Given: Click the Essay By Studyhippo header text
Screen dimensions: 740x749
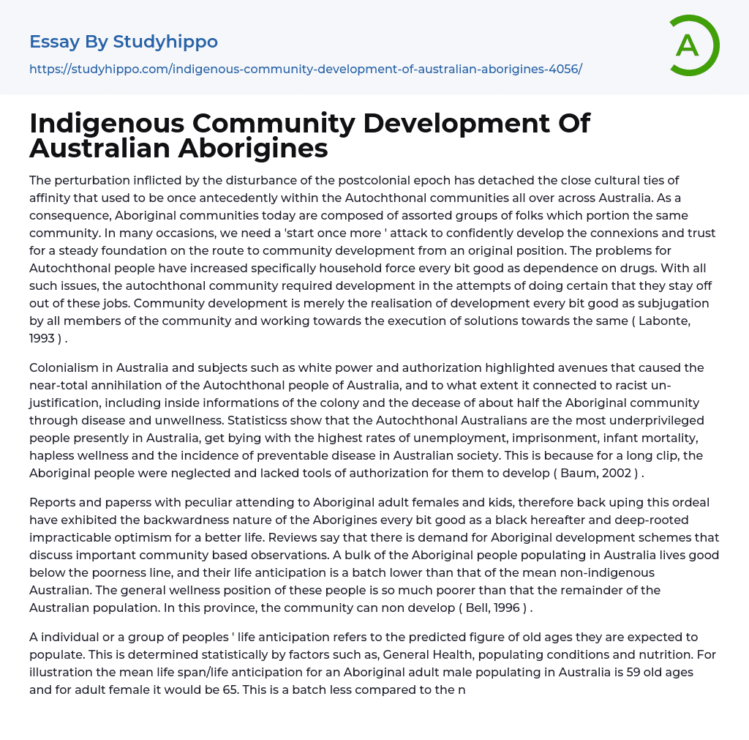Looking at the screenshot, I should (124, 42).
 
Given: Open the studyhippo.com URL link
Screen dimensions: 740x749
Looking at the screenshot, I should (305, 69).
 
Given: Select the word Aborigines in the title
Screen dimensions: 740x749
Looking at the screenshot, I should (252, 148).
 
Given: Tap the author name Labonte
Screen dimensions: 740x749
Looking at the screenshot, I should (680, 321).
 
